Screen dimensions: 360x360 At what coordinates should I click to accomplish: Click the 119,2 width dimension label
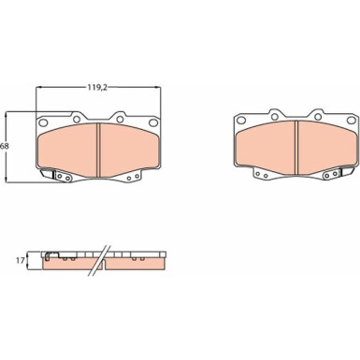pyautogui.click(x=96, y=88)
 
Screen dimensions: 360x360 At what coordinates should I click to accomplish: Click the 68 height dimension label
pyautogui.click(x=4, y=146)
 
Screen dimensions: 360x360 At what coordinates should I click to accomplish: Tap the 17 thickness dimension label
pyautogui.click(x=20, y=261)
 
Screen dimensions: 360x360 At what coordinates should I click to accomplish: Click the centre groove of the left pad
pyautogui.click(x=99, y=150)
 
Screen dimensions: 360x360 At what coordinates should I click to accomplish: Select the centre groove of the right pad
pyautogui.click(x=296, y=148)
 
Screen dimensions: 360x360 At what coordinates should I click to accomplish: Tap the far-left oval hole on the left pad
pyautogui.click(x=44, y=122)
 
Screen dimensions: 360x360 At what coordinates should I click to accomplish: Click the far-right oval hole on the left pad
pyautogui.click(x=153, y=122)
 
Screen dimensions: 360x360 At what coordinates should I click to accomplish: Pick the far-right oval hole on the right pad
pyautogui.click(x=351, y=121)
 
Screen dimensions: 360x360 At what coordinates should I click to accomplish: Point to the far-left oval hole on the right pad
pyautogui.click(x=241, y=121)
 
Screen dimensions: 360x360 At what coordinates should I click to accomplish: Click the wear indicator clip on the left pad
pyautogui.click(x=48, y=173)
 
